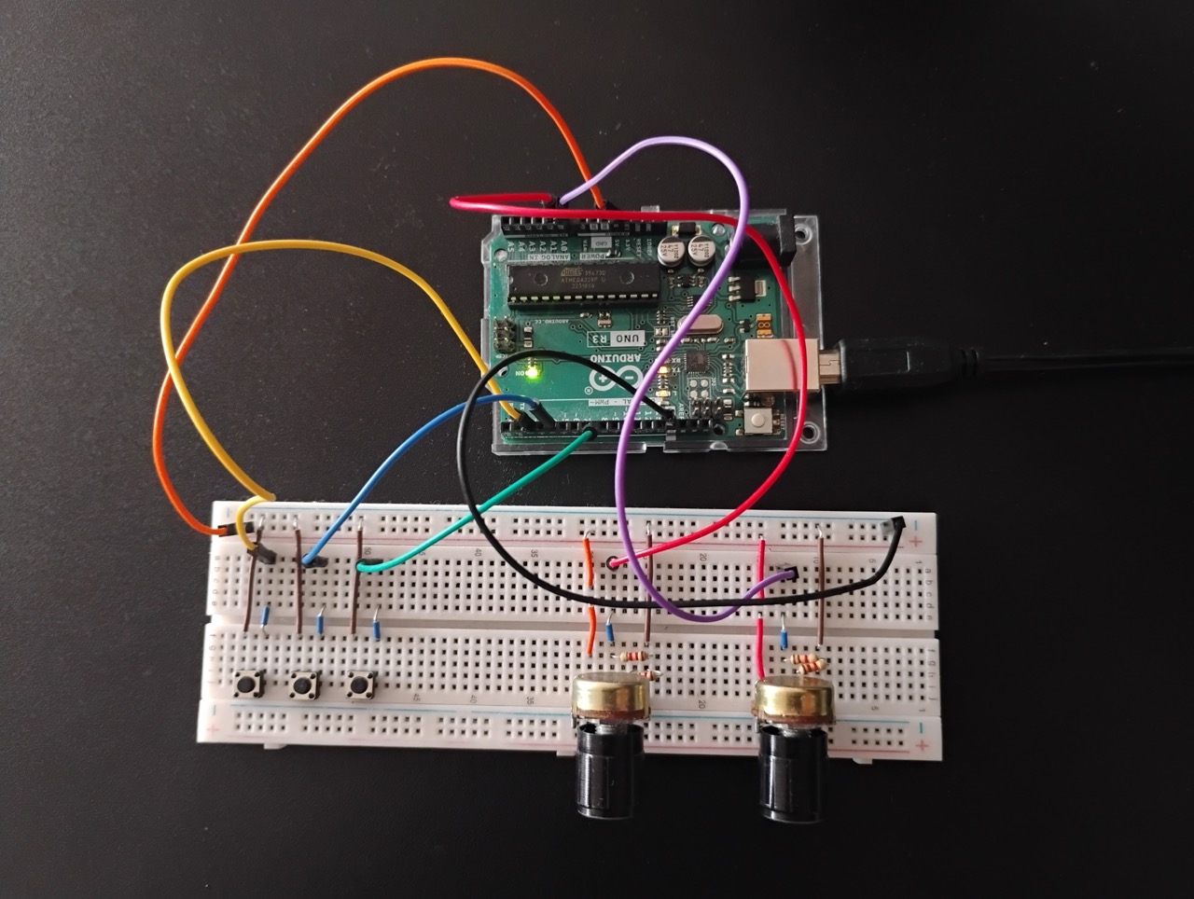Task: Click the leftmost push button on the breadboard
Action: point(247,685)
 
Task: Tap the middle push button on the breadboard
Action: point(302,686)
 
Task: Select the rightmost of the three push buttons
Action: point(358,686)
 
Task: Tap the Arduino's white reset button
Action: point(757,422)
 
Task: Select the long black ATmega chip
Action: point(578,284)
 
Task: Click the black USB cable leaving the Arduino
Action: point(1026,359)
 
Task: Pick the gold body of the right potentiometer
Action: point(793,698)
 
